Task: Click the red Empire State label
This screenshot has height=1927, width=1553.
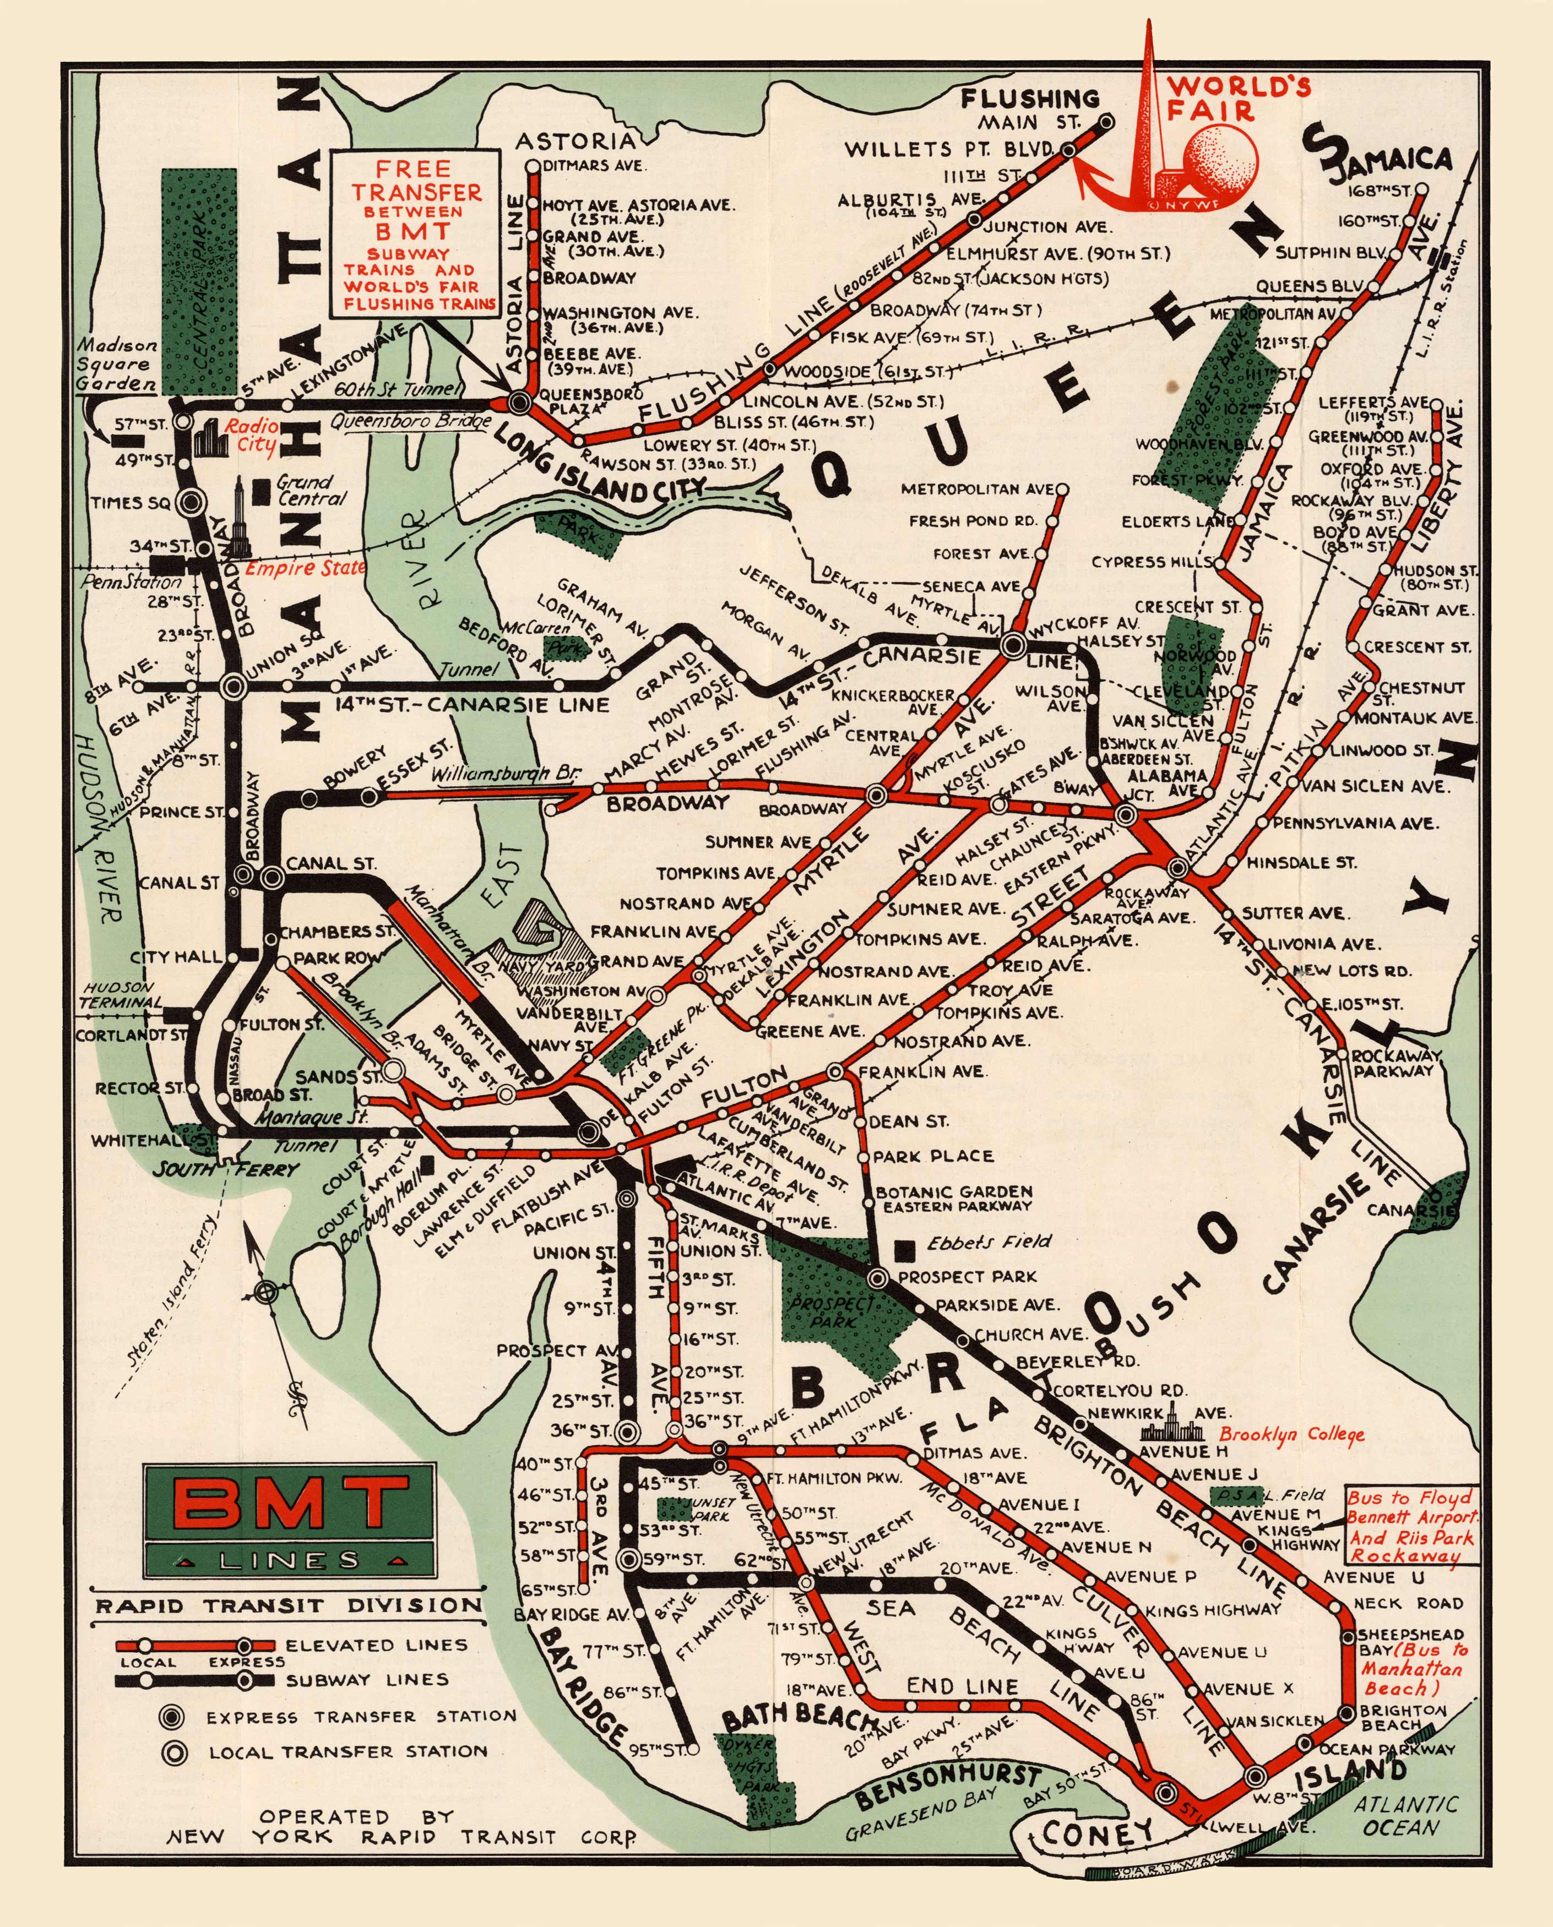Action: pyautogui.click(x=304, y=568)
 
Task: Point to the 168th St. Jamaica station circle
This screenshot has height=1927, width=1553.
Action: pyautogui.click(x=1421, y=189)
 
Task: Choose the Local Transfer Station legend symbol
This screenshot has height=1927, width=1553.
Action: pyautogui.click(x=173, y=1752)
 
